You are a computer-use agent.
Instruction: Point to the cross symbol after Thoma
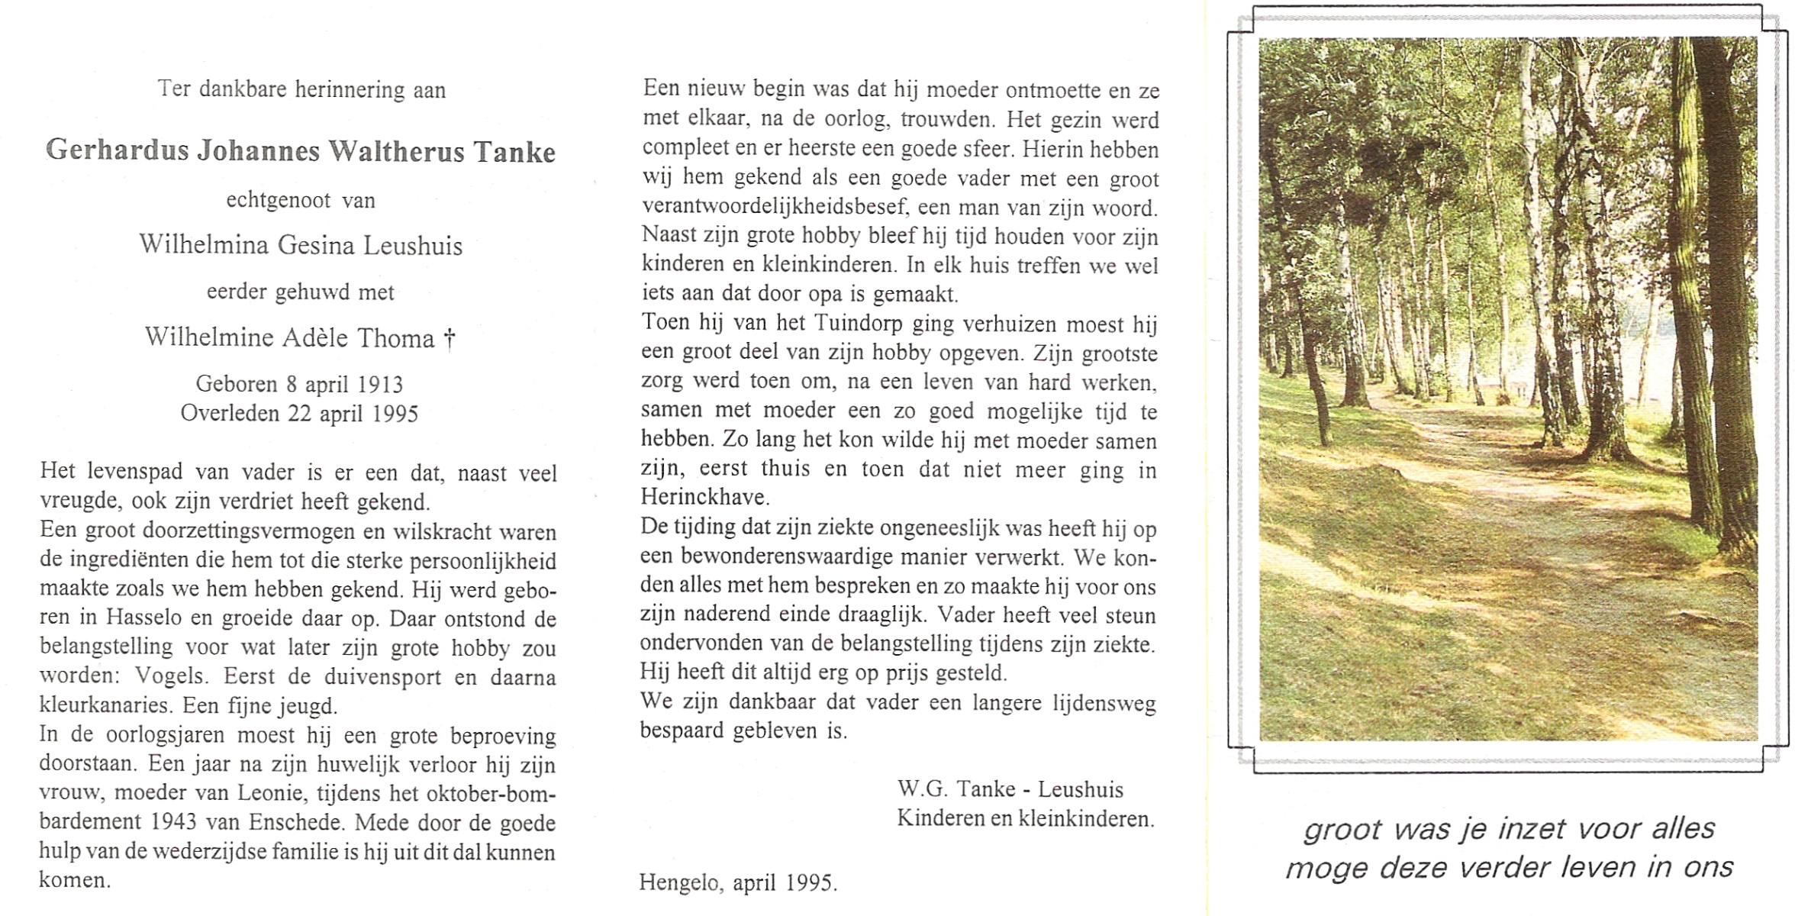(x=450, y=338)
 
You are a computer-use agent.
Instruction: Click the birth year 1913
(x=379, y=384)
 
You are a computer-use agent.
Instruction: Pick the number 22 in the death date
(x=298, y=414)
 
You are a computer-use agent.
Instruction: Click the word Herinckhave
(x=704, y=498)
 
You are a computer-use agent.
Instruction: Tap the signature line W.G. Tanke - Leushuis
(x=1010, y=789)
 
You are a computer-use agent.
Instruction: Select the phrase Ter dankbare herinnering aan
(x=301, y=90)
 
